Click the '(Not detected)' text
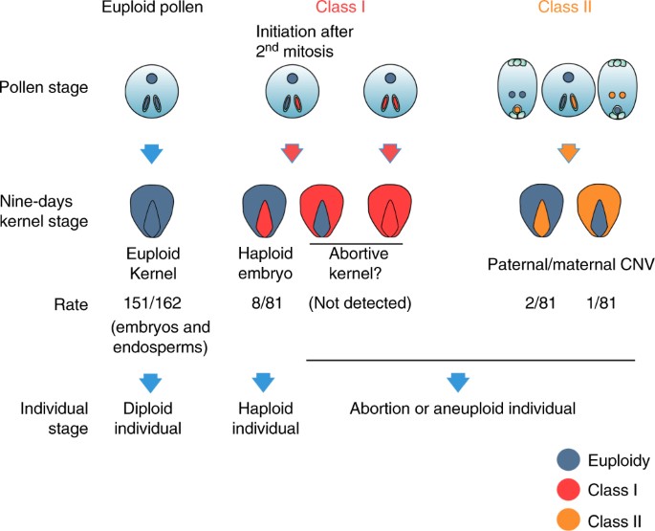click(x=360, y=305)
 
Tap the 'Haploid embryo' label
click(x=268, y=265)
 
